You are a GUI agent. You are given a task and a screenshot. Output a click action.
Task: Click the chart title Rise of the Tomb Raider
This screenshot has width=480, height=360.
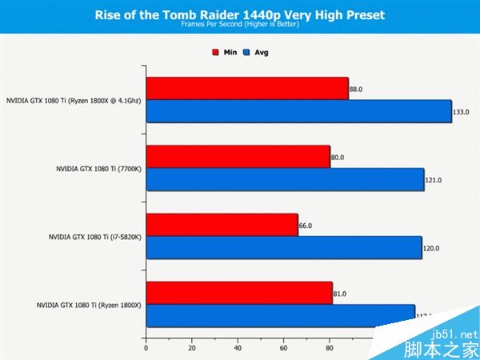click(239, 14)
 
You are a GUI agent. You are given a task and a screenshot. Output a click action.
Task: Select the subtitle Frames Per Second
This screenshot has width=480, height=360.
click(239, 25)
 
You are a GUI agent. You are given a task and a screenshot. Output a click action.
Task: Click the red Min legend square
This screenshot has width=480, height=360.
click(215, 53)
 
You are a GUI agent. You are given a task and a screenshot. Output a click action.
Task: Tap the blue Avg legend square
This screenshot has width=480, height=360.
click(248, 53)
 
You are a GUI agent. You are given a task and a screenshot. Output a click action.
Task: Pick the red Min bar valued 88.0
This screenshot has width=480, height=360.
click(247, 89)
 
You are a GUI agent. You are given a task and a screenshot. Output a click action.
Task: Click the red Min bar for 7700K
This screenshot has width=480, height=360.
click(238, 157)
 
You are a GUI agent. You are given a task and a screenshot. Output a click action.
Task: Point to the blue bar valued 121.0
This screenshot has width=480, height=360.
click(285, 179)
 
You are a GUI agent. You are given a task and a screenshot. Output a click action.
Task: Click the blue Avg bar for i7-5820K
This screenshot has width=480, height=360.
click(284, 248)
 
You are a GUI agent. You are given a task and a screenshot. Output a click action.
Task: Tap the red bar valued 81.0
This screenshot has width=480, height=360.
click(239, 294)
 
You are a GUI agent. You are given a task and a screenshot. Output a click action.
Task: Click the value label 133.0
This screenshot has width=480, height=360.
click(461, 112)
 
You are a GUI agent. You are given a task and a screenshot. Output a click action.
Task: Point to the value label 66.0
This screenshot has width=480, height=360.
click(306, 226)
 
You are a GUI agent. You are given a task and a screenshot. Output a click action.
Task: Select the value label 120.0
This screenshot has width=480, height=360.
click(431, 248)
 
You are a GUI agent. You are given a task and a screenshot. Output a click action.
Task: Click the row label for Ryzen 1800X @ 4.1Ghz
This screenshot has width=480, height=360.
click(74, 101)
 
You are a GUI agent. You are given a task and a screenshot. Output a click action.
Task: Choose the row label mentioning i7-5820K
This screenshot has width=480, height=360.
click(95, 237)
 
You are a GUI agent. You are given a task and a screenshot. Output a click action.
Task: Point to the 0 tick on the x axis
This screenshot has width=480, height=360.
click(146, 349)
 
